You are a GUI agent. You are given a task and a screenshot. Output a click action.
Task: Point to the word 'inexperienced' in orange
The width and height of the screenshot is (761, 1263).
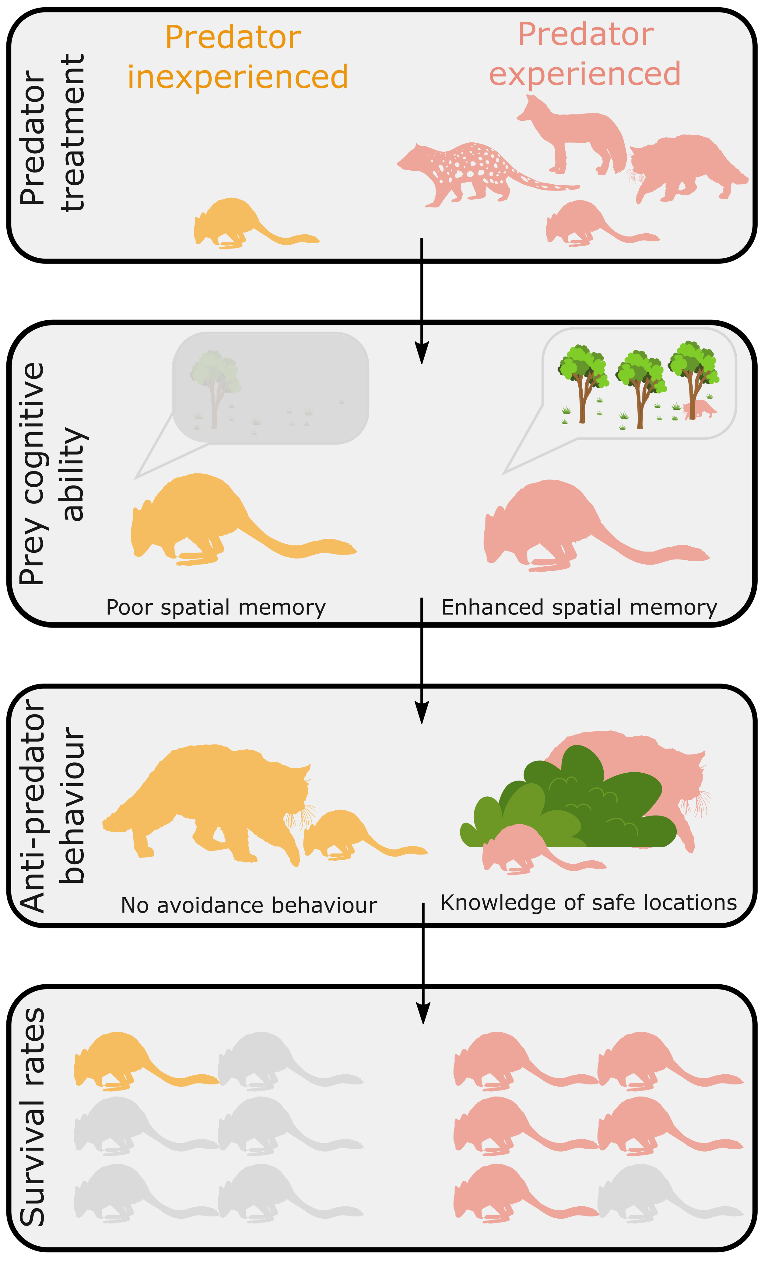tap(237, 77)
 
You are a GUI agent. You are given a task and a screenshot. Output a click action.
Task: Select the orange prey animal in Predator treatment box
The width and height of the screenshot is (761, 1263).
tap(241, 223)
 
